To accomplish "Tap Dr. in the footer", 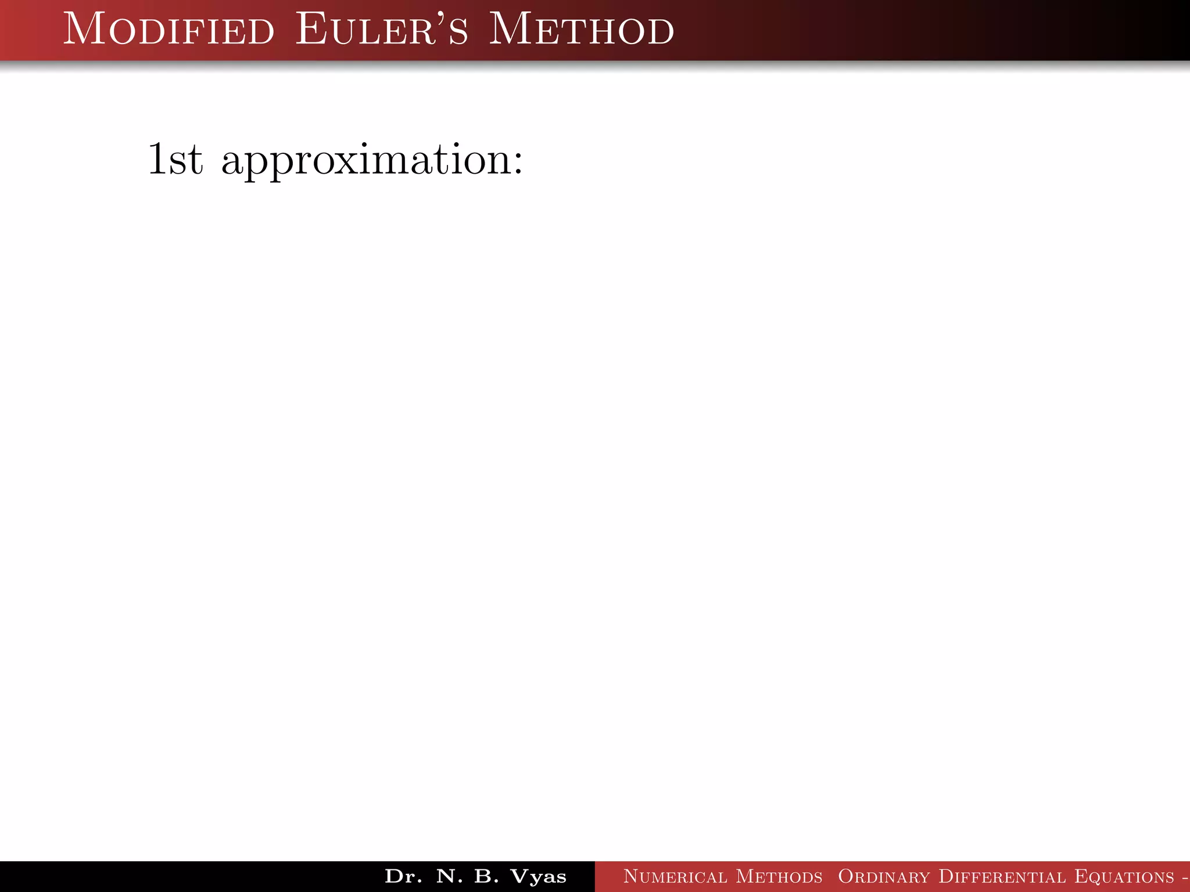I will pyautogui.click(x=403, y=876).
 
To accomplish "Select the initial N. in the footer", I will pyautogui.click(x=450, y=876).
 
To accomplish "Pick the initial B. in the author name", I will pyautogui.click(x=486, y=876).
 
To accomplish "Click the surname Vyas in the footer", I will pyautogui.click(x=538, y=877).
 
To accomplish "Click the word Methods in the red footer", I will pyautogui.click(x=779, y=876).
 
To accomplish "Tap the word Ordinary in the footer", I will pyautogui.click(x=884, y=876).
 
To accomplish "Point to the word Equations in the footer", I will pyautogui.click(x=1124, y=876).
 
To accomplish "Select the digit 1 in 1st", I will pyautogui.click(x=157, y=159).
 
